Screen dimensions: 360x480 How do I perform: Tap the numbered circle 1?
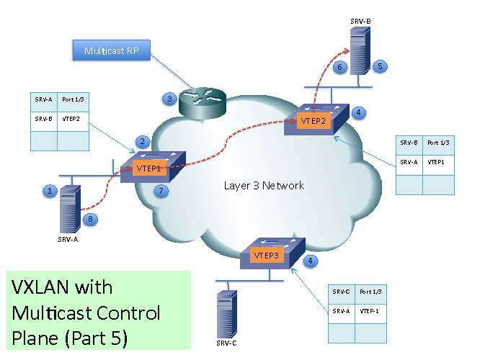tap(50, 191)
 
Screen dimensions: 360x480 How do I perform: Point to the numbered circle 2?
tap(143, 141)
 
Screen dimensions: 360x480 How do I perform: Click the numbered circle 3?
tap(169, 99)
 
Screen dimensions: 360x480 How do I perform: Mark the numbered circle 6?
tap(341, 67)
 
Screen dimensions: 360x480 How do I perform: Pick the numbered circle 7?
tap(162, 191)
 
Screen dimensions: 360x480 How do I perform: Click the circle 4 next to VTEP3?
tap(310, 261)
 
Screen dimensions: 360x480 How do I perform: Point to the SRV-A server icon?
tap(71, 207)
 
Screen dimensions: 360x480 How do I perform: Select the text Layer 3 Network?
tap(264, 186)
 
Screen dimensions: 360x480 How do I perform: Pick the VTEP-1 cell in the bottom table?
tap(368, 310)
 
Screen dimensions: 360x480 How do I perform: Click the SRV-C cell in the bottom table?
tap(342, 292)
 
